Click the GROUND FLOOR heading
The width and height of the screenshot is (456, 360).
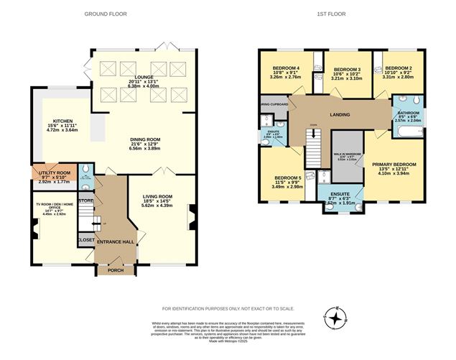click(106, 14)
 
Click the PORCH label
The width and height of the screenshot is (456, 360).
click(116, 270)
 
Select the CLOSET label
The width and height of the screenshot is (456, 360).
click(85, 241)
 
